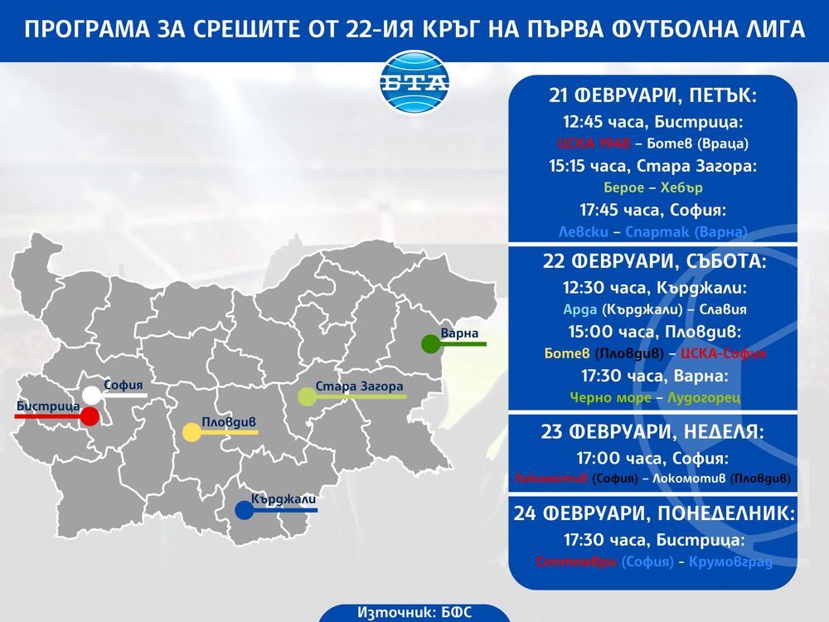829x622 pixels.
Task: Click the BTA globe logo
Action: point(414,84)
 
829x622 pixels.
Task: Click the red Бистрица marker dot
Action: point(90,416)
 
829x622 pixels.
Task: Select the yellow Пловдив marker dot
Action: point(191,432)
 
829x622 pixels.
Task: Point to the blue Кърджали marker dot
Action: point(244,511)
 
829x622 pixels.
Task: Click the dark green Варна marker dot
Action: point(430,343)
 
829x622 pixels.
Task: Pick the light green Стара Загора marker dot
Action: point(307,396)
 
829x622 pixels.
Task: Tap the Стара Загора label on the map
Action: point(359,386)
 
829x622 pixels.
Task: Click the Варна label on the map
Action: point(459,333)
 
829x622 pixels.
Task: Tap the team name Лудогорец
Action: point(704,397)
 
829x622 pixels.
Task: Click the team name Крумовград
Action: point(730,562)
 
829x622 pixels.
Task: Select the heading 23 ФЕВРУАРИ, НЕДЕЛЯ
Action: point(653,432)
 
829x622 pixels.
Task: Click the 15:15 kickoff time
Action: point(569,166)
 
